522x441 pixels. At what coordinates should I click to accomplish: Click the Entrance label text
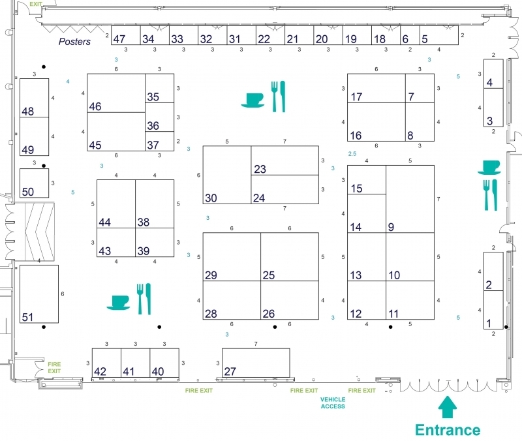tap(448, 430)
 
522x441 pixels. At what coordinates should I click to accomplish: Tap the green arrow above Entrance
tap(448, 406)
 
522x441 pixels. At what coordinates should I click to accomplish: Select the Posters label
tap(74, 42)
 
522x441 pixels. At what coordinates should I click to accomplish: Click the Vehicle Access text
tap(333, 403)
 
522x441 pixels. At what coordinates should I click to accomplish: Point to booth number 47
tap(125, 35)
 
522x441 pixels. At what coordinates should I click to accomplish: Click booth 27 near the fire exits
tap(256, 363)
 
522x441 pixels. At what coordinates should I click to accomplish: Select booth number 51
tap(39, 294)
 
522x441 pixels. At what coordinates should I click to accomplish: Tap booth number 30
tap(227, 175)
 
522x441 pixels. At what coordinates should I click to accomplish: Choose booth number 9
tap(410, 199)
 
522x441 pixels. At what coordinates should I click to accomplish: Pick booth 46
tap(116, 93)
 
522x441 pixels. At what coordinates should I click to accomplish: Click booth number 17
tap(376, 88)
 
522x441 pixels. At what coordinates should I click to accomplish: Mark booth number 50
tap(35, 183)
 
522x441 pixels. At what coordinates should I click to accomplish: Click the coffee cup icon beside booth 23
tap(253, 100)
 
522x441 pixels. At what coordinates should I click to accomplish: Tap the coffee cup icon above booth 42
tap(119, 303)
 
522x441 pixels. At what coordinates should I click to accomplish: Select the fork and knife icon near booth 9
tap(490, 195)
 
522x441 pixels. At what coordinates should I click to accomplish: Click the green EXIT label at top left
tap(36, 4)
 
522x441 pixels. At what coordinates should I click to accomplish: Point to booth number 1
tap(493, 310)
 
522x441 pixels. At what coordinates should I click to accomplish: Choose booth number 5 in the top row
tap(438, 35)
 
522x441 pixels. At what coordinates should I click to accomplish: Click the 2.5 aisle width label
tap(352, 154)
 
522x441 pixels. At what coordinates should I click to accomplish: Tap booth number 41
tap(136, 363)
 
